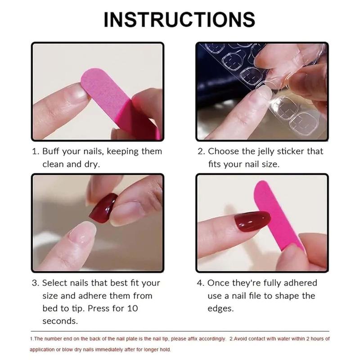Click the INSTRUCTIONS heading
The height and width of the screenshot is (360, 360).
pyautogui.click(x=180, y=19)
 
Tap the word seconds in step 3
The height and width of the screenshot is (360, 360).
pyautogui.click(x=60, y=321)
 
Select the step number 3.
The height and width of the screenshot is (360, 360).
pyautogui.click(x=34, y=283)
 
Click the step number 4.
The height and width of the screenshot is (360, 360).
pyautogui.click(x=200, y=283)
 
